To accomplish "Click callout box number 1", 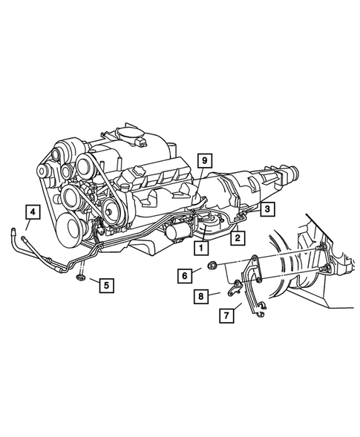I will [x=200, y=249].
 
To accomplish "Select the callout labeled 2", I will [x=237, y=238].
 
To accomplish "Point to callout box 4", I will [x=31, y=213].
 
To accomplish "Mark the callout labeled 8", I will [x=200, y=297].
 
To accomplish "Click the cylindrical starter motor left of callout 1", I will [x=177, y=233].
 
